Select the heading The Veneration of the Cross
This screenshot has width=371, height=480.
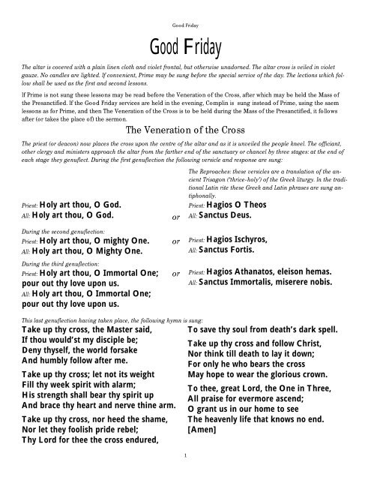(185, 128)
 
